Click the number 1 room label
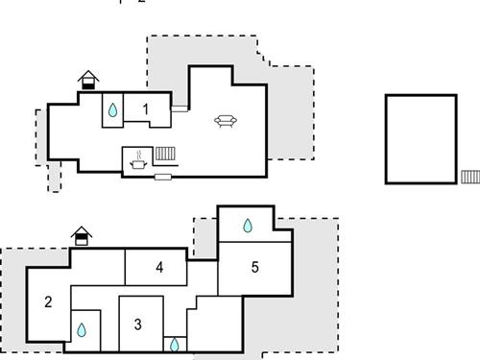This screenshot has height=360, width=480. click(x=146, y=109)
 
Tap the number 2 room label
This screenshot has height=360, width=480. click(x=47, y=302)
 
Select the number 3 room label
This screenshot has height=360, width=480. click(x=137, y=324)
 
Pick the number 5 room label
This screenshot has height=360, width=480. click(x=254, y=267)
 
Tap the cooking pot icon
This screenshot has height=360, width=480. click(x=138, y=165)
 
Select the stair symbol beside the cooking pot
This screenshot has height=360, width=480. click(x=164, y=153)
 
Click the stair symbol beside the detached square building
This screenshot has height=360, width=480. click(x=469, y=177)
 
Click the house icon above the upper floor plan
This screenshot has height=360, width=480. click(x=88, y=80)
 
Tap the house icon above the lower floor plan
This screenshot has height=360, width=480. click(x=82, y=235)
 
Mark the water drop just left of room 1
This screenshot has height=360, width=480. click(x=113, y=110)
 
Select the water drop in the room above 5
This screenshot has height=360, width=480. click(x=248, y=226)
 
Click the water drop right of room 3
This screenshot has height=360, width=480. click(x=175, y=342)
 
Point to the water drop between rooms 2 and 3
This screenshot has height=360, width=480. click(x=82, y=330)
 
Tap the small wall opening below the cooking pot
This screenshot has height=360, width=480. click(x=162, y=177)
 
